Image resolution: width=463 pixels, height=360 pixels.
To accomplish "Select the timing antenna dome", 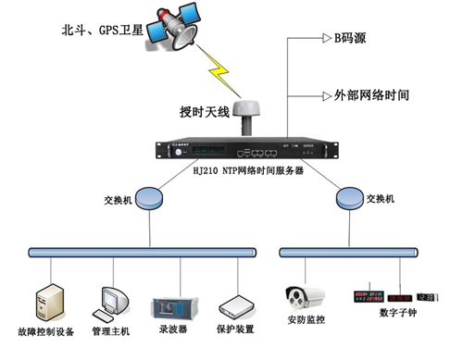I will point(248,117).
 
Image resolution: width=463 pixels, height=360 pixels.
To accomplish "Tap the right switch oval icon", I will point(350,196).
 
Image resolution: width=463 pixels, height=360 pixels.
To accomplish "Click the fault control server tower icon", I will point(49,302).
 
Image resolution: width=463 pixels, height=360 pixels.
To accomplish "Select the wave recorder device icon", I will point(170,304).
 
